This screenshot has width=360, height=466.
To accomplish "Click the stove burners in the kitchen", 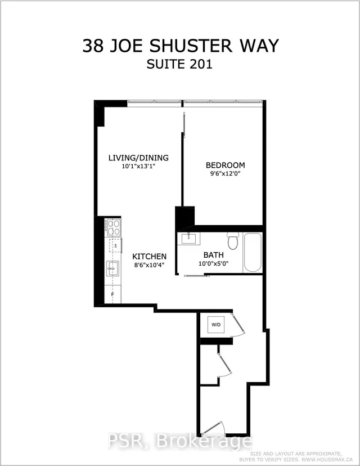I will [113, 227].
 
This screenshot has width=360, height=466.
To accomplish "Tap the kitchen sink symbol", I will [113, 269].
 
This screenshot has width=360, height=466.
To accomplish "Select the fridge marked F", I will [112, 294].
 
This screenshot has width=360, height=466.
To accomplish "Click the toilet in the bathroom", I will [232, 241].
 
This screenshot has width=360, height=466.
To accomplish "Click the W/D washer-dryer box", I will [217, 325].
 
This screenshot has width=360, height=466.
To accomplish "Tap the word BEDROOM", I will [225, 165].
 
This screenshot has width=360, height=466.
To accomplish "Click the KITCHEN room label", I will [149, 256].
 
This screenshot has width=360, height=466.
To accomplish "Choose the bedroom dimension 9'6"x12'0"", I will [225, 174].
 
